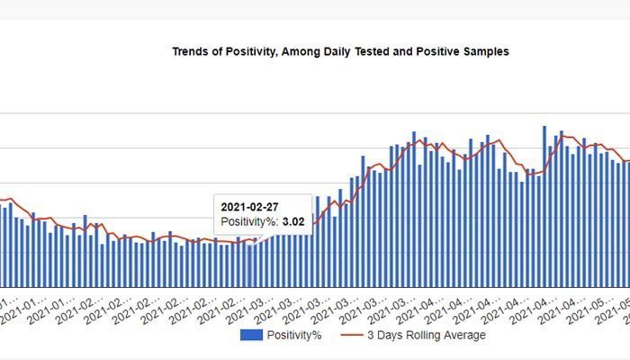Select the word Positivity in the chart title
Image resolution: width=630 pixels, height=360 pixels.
pyautogui.click(x=247, y=52)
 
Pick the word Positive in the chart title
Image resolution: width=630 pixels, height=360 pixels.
pyautogui.click(x=445, y=52)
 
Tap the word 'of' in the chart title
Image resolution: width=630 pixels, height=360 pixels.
pyautogui.click(x=220, y=52)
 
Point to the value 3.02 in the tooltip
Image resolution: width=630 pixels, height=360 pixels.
pyautogui.click(x=293, y=220)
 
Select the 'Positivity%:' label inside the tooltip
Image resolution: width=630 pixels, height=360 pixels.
pyautogui.click(x=249, y=220)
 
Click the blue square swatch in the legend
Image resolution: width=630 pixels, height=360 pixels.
pyautogui.click(x=251, y=335)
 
